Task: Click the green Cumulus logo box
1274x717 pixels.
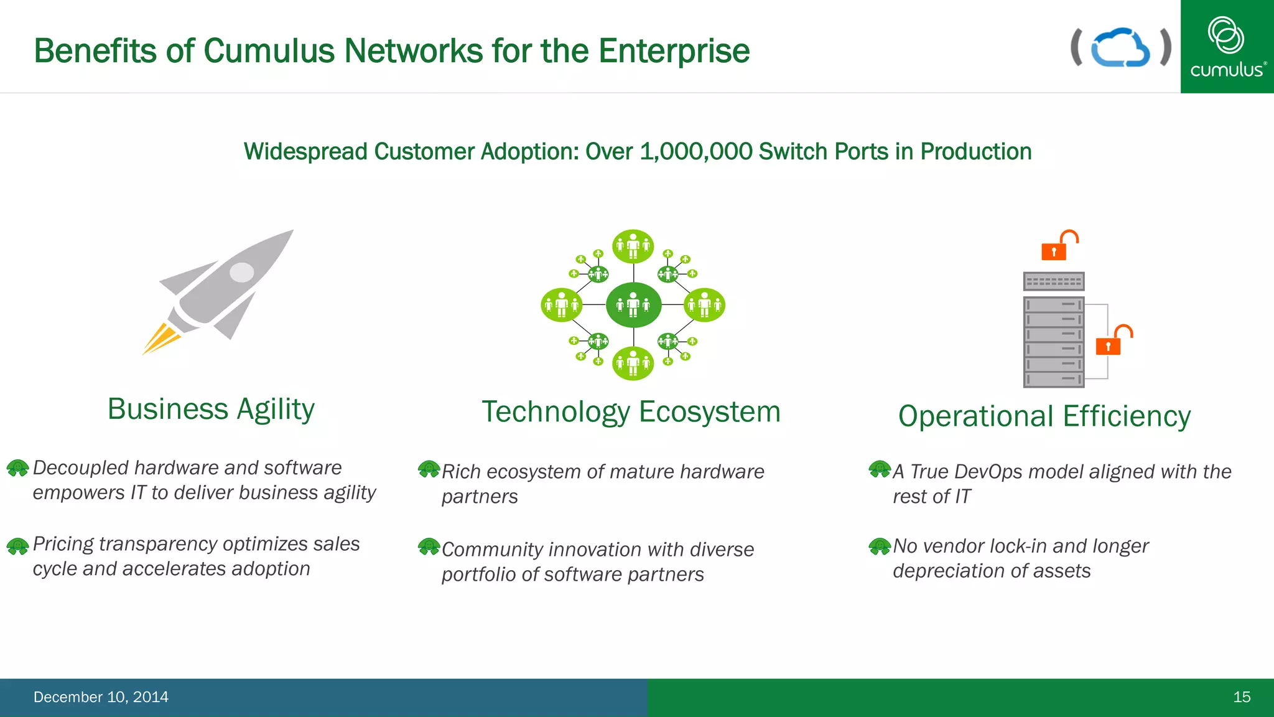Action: click(1227, 47)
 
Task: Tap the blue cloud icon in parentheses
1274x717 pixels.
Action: click(1120, 47)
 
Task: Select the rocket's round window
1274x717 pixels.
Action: click(242, 272)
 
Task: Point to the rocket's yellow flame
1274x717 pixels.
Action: click(160, 339)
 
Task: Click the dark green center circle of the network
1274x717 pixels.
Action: click(633, 305)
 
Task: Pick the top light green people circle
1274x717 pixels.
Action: click(633, 246)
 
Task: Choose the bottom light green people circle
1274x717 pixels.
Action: click(633, 363)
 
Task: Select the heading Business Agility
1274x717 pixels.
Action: click(211, 410)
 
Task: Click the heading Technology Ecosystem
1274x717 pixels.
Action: click(631, 412)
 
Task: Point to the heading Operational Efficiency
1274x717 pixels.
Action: click(1044, 416)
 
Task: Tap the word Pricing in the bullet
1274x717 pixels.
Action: click(63, 545)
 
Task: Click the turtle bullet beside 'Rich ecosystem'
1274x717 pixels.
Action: click(429, 469)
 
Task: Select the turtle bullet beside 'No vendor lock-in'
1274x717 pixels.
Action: click(880, 546)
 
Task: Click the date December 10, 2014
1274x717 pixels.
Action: click(101, 697)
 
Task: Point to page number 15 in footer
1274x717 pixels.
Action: click(1241, 697)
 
